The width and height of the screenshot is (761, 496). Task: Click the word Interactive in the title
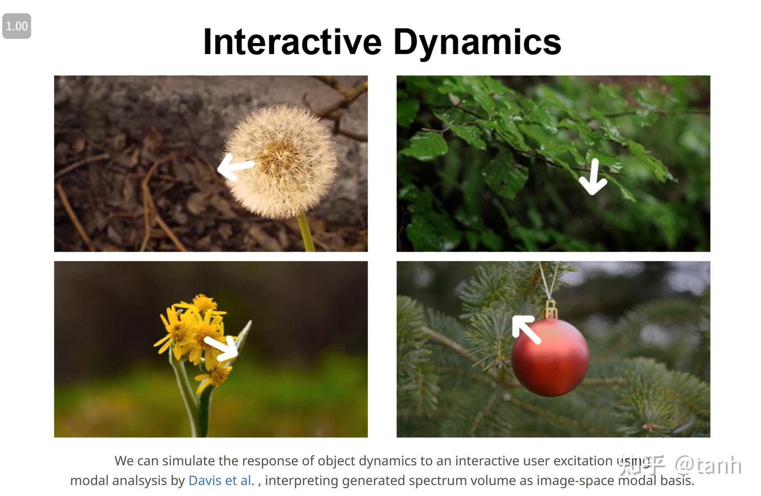[x=292, y=42]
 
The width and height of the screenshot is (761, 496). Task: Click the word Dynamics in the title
[x=477, y=42]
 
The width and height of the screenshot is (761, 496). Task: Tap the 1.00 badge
[x=17, y=26]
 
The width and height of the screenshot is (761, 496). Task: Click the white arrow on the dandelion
[x=235, y=167]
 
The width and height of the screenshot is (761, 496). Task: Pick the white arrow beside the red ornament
[x=526, y=329]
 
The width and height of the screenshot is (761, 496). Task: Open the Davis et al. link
[x=221, y=480]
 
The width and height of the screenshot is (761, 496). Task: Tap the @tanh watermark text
[x=708, y=465]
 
